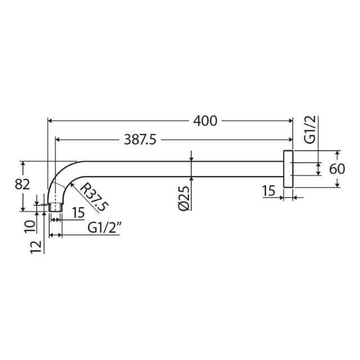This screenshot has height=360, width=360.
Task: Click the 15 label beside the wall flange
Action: pyautogui.click(x=269, y=191)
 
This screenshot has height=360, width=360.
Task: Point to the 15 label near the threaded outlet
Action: pyautogui.click(x=78, y=212)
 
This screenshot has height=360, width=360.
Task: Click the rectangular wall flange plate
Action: pyautogui.click(x=287, y=169)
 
